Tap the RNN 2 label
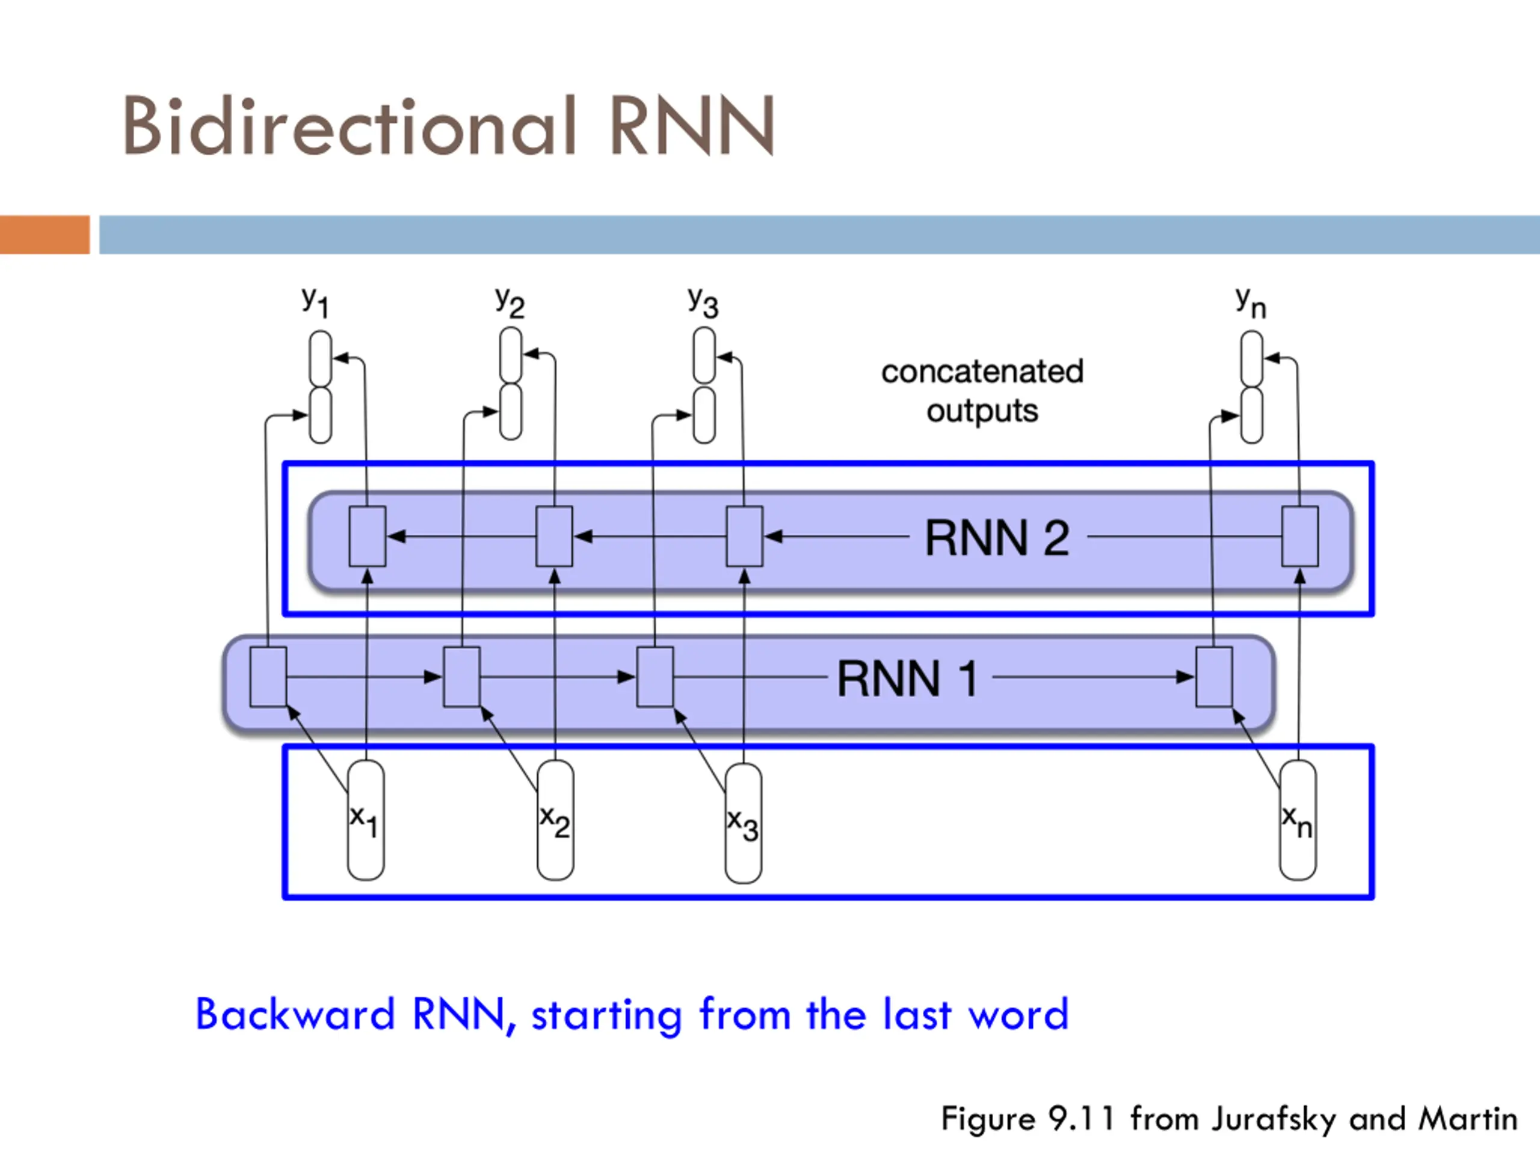(x=997, y=538)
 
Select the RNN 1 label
(x=907, y=679)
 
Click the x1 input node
(x=366, y=820)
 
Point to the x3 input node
(x=744, y=823)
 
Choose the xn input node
(x=1298, y=820)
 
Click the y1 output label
(x=315, y=302)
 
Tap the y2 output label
(x=510, y=302)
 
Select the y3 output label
(x=703, y=302)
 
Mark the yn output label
(x=1251, y=302)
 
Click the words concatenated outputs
(x=982, y=391)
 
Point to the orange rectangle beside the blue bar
(x=45, y=235)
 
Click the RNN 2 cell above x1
(x=367, y=536)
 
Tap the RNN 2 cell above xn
(x=1300, y=536)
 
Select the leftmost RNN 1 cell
(x=268, y=677)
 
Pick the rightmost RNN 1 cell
(x=1214, y=677)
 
